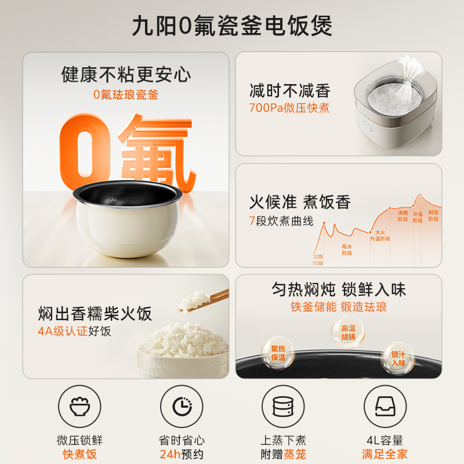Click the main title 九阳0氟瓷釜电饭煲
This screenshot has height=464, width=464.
tap(232, 27)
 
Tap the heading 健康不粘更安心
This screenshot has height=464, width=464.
tap(126, 74)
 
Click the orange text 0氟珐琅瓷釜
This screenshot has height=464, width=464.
tap(126, 94)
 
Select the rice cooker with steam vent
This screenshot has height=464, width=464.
tap(394, 107)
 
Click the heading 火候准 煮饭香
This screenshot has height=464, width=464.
tap(300, 202)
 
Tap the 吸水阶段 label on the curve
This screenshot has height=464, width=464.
tap(346, 250)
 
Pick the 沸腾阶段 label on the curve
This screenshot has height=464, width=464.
tap(403, 216)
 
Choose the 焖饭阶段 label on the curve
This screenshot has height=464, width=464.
tap(433, 216)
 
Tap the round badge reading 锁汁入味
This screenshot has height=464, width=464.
tap(398, 358)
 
